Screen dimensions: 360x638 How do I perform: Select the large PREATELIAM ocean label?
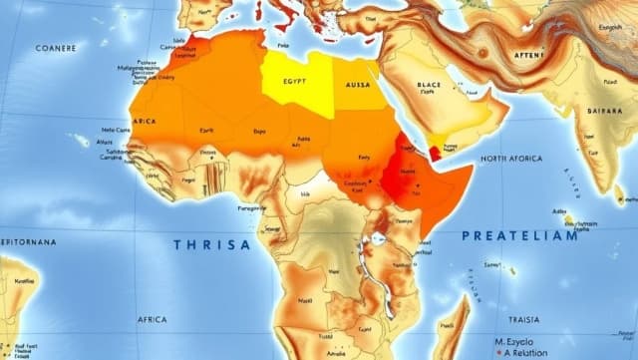(x=519, y=236)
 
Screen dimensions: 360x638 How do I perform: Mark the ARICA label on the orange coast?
(x=144, y=121)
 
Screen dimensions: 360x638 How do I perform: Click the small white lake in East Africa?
(x=380, y=240)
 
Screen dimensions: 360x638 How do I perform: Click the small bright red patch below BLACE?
(x=434, y=152)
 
